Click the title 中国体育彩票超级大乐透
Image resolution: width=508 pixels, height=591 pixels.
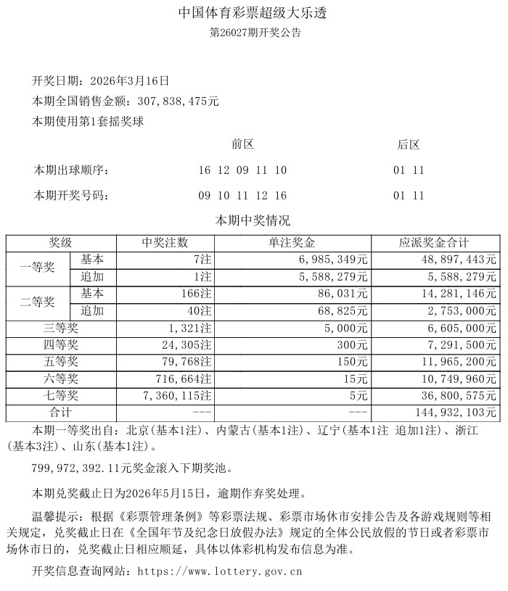pyautogui.click(x=255, y=14)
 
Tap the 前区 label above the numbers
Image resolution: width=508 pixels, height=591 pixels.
pyautogui.click(x=242, y=144)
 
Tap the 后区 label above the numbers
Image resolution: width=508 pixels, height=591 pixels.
pyautogui.click(x=409, y=144)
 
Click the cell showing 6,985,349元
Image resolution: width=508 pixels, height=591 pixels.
pyautogui.click(x=335, y=260)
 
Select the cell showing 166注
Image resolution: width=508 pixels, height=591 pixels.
pyautogui.click(x=196, y=294)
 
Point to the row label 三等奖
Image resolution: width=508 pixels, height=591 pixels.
pyautogui.click(x=60, y=328)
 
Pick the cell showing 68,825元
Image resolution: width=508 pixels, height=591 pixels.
pyautogui.click(x=343, y=310)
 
